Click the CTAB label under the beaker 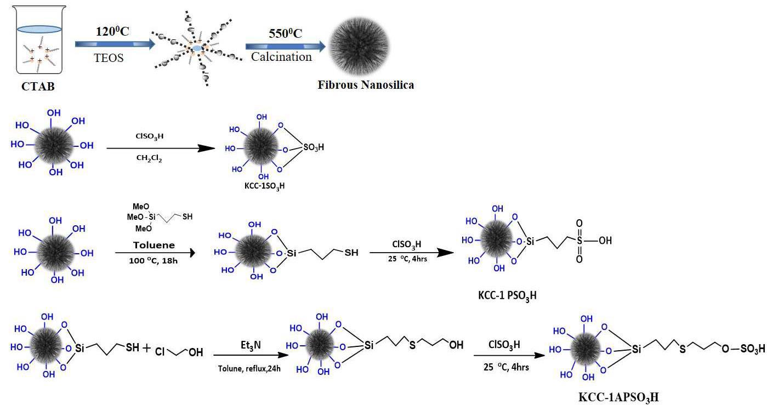click(38, 87)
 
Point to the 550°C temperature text click(285, 33)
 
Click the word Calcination click(281, 57)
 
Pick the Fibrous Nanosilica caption click(366, 85)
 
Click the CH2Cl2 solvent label click(149, 158)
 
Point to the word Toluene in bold click(153, 245)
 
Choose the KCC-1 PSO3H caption click(507, 296)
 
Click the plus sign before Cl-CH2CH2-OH click(146, 347)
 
